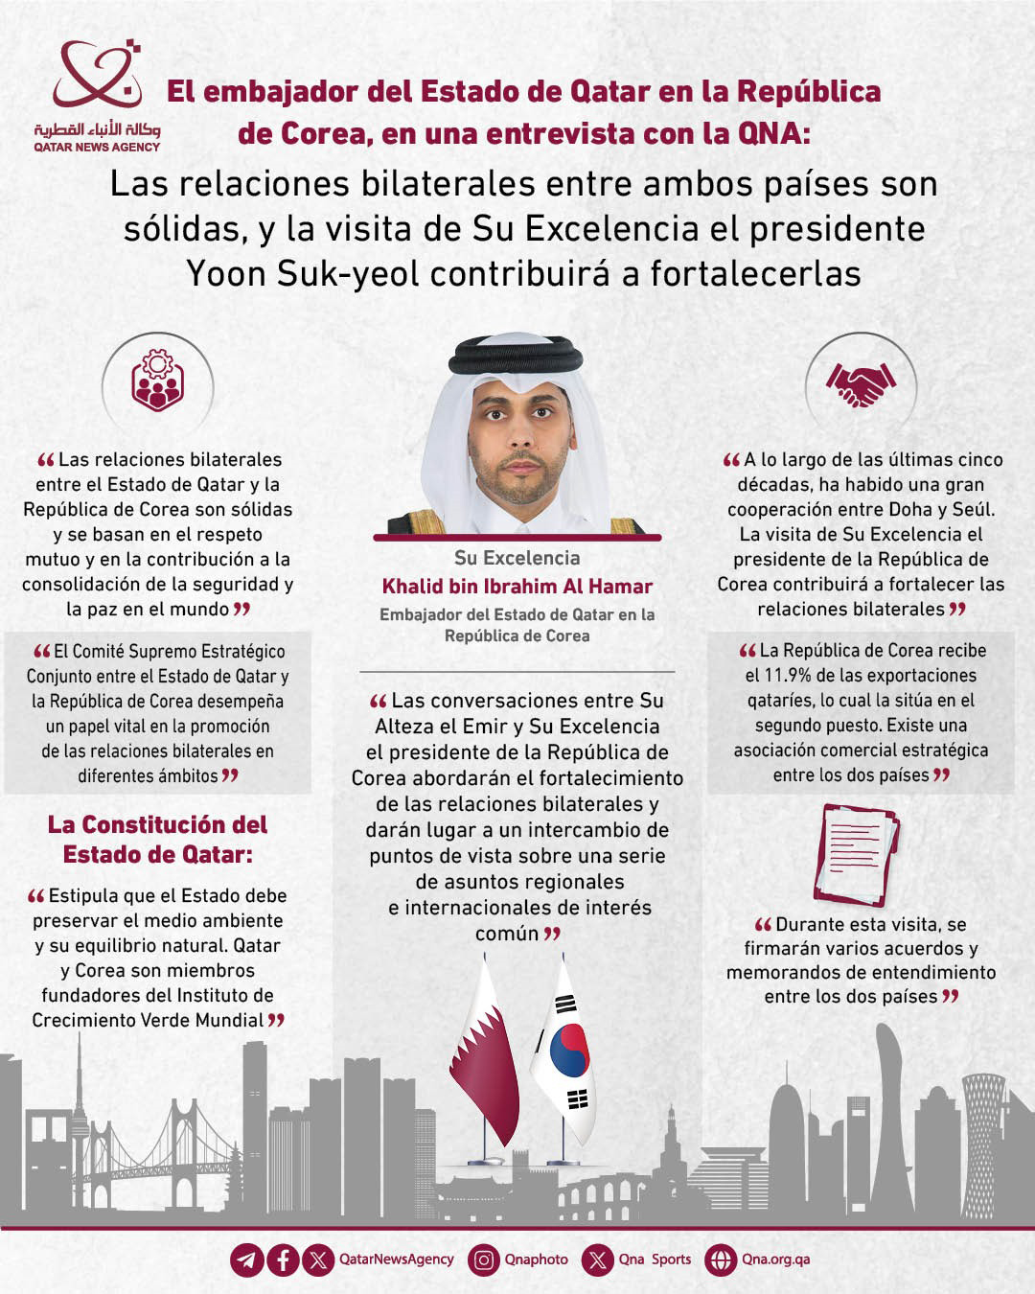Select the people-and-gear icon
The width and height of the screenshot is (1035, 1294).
click(x=157, y=381)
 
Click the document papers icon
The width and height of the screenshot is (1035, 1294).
click(x=856, y=852)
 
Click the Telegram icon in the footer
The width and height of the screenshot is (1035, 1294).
click(x=246, y=1259)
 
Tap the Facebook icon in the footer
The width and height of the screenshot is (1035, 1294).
click(x=283, y=1259)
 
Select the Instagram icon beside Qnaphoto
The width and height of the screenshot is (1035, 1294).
click(x=484, y=1259)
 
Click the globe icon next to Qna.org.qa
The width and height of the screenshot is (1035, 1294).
click(x=720, y=1259)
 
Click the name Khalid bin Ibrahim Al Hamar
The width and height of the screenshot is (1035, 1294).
click(x=517, y=587)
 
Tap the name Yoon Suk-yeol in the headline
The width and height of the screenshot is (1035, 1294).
click(x=303, y=274)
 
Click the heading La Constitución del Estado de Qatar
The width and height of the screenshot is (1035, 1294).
click(x=158, y=839)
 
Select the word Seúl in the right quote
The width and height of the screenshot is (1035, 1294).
click(x=973, y=510)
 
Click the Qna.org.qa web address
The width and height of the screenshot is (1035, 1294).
click(x=775, y=1259)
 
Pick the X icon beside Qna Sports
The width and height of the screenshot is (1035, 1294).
click(x=599, y=1259)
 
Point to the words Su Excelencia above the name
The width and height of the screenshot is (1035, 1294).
click(x=517, y=558)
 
